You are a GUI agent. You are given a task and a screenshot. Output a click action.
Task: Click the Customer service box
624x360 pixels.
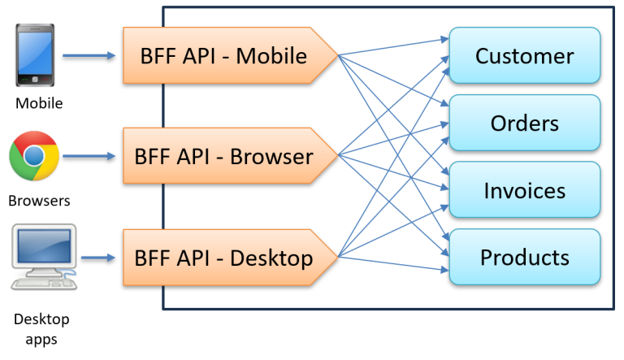click(524, 56)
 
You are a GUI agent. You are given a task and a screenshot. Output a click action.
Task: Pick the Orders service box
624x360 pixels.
click(524, 123)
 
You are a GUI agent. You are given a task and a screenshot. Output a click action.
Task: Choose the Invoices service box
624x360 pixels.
click(524, 190)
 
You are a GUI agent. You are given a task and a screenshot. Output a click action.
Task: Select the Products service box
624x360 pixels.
click(524, 258)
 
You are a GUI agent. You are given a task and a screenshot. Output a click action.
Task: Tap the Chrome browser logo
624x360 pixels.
click(34, 156)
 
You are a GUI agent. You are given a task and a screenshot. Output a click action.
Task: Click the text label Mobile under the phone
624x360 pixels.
click(38, 103)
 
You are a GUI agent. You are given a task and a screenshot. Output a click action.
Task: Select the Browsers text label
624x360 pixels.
click(39, 200)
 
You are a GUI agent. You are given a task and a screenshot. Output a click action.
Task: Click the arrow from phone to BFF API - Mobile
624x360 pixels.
click(89, 56)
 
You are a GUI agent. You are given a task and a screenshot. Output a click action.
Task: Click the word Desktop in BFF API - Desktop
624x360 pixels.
click(271, 258)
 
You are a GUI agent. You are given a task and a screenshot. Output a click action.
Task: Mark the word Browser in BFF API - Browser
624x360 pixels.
click(271, 156)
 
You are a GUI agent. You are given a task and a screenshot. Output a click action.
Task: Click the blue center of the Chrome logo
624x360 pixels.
click(34, 156)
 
